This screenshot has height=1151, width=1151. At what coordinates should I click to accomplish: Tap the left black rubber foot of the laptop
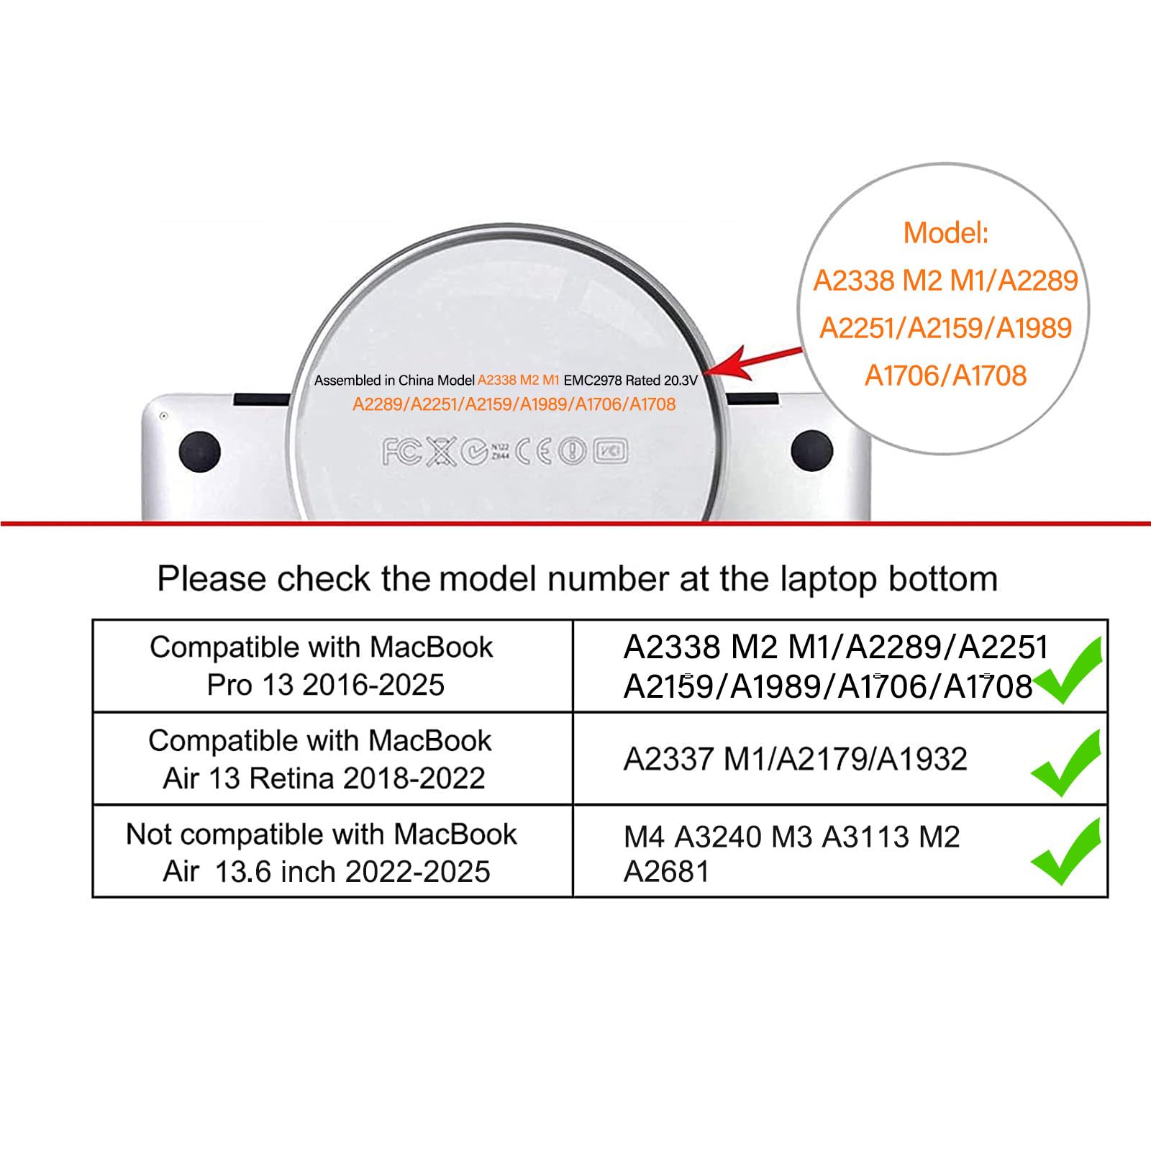[x=199, y=452]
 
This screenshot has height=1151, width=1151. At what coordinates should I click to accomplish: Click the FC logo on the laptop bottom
[x=401, y=452]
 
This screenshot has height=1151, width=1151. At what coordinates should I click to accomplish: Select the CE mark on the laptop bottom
[x=534, y=451]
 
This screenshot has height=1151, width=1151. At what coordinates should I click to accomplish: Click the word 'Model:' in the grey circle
[x=946, y=233]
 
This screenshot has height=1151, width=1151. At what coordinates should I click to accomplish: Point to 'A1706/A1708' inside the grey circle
[x=945, y=376]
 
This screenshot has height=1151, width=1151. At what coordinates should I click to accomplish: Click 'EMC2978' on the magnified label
[x=593, y=380]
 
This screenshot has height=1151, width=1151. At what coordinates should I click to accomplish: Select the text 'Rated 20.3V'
[x=661, y=380]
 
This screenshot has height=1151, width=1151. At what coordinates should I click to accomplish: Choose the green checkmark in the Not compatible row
[x=1065, y=852]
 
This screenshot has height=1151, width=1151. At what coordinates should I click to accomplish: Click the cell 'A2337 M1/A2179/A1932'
[x=795, y=759]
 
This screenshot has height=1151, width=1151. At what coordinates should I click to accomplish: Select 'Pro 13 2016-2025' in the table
[x=325, y=685]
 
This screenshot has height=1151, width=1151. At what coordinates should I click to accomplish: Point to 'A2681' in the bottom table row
[x=666, y=872]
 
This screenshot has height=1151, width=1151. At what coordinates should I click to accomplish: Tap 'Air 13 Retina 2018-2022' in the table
[x=324, y=778]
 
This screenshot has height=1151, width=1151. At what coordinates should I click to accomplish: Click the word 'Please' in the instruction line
[x=212, y=579]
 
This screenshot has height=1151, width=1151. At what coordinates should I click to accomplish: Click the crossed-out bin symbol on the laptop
[x=442, y=452]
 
